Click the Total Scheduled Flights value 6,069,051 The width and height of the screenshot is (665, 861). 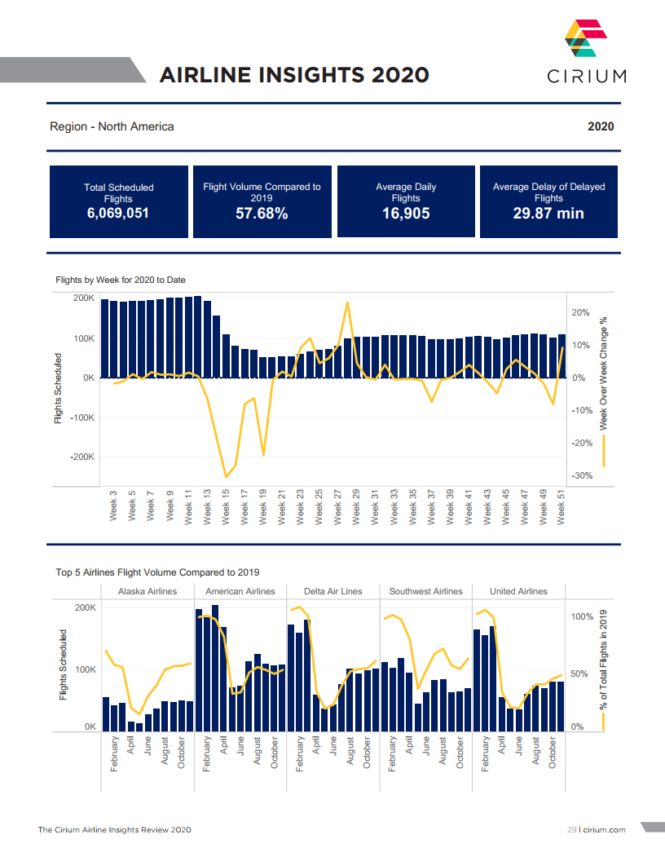(x=118, y=214)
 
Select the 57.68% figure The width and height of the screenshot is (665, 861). (x=262, y=214)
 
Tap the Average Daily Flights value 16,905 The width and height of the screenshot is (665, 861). (x=406, y=214)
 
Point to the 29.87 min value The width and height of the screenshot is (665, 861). (x=548, y=214)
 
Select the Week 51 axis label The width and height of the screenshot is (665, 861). (x=561, y=506)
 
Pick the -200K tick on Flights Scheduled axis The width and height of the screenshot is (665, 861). (x=83, y=457)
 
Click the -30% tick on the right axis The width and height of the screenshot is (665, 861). (x=582, y=475)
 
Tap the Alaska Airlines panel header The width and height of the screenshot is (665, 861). (x=148, y=591)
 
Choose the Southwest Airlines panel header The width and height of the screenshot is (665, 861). (x=425, y=591)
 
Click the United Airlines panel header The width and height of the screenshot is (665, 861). (x=518, y=591)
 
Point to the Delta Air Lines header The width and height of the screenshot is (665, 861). (x=332, y=591)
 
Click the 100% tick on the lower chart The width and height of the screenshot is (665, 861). (x=581, y=617)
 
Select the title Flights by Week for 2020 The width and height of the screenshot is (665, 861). (x=121, y=280)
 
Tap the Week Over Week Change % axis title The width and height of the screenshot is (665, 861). (x=604, y=373)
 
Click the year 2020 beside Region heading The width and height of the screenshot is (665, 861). (x=601, y=126)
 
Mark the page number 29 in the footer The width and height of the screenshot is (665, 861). (x=571, y=830)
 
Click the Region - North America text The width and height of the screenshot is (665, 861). (x=112, y=126)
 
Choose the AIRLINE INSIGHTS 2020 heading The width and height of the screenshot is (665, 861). (x=294, y=75)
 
